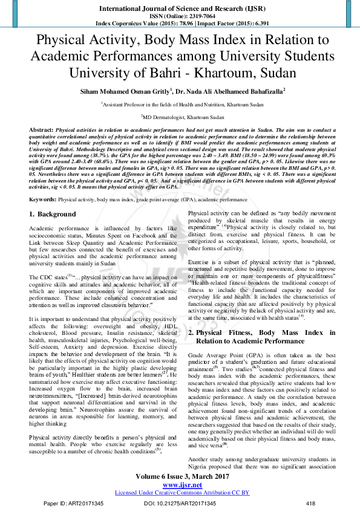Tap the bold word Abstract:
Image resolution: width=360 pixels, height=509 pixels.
[41, 130]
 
